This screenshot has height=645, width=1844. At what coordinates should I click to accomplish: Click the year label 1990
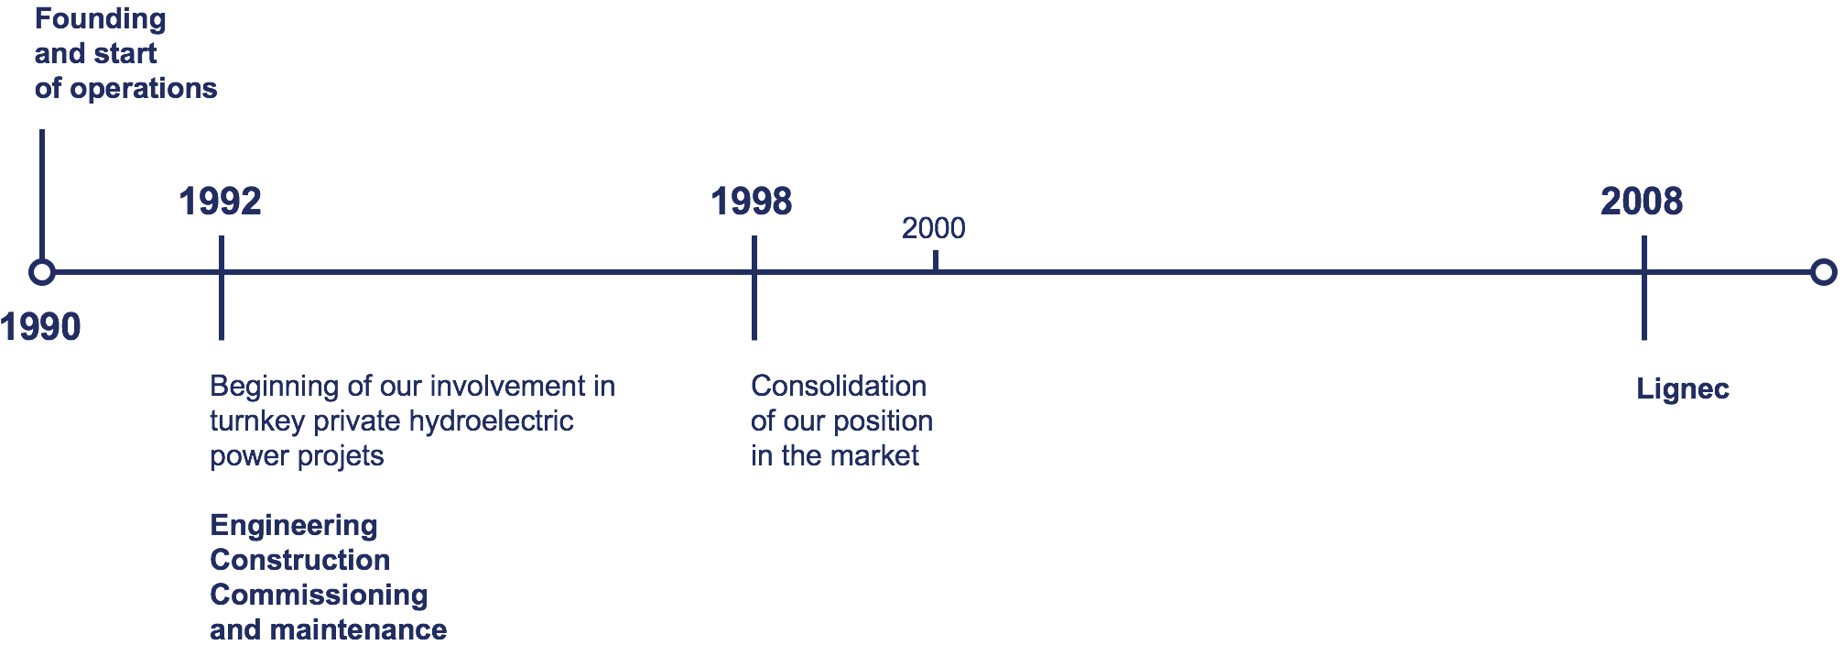40,327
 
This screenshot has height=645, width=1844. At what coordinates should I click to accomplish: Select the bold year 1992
220,202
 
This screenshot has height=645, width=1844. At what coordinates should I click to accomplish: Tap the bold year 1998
752,202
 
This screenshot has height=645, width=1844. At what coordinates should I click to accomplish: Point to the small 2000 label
933,228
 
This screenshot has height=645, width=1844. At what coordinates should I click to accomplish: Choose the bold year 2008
1642,202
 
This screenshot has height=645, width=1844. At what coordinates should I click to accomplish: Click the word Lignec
1683,389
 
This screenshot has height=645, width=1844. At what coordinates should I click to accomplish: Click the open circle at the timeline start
41,272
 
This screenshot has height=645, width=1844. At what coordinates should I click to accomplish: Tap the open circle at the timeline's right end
1824,272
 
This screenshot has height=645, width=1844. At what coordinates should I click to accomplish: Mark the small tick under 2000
935,260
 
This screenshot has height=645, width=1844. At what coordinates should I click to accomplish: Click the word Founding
101,19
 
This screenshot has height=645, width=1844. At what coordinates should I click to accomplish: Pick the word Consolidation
839,386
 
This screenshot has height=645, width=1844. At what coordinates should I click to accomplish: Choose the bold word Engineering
294,526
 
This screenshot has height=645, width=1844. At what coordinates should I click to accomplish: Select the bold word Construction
300,560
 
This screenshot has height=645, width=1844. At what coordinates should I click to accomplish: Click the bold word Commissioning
319,596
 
